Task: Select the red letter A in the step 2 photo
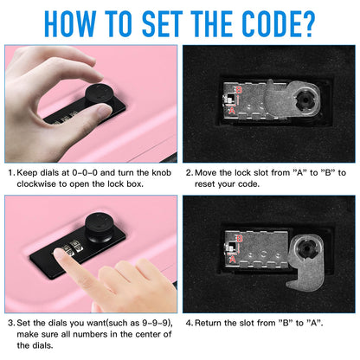click(233, 111)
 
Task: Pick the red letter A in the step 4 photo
click(233, 260)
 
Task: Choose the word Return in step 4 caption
click(214, 321)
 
